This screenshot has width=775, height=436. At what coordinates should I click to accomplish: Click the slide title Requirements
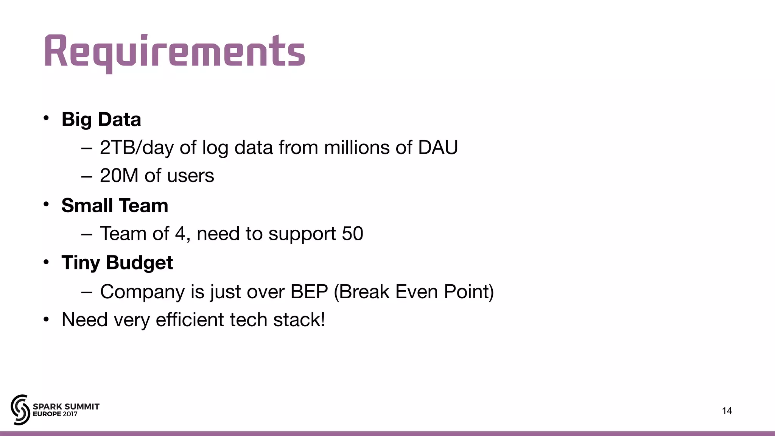[174, 52]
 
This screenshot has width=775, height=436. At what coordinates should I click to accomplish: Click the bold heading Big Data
[101, 120]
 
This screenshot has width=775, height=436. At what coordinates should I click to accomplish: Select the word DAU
[438, 148]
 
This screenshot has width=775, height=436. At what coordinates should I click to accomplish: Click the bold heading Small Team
[115, 206]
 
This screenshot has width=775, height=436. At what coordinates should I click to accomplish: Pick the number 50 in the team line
[352, 234]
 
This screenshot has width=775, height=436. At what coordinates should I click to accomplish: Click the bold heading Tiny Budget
[117, 263]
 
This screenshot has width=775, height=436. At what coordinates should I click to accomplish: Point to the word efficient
[190, 320]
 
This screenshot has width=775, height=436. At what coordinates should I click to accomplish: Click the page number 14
[727, 411]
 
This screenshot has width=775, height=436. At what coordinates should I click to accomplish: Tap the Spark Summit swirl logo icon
[20, 410]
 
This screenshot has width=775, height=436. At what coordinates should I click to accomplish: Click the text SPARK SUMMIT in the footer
[66, 406]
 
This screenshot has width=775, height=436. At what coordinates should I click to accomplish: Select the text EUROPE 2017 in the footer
[55, 414]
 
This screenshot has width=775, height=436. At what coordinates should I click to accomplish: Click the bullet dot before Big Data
[46, 118]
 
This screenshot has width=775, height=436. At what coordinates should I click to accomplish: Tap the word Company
[142, 292]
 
